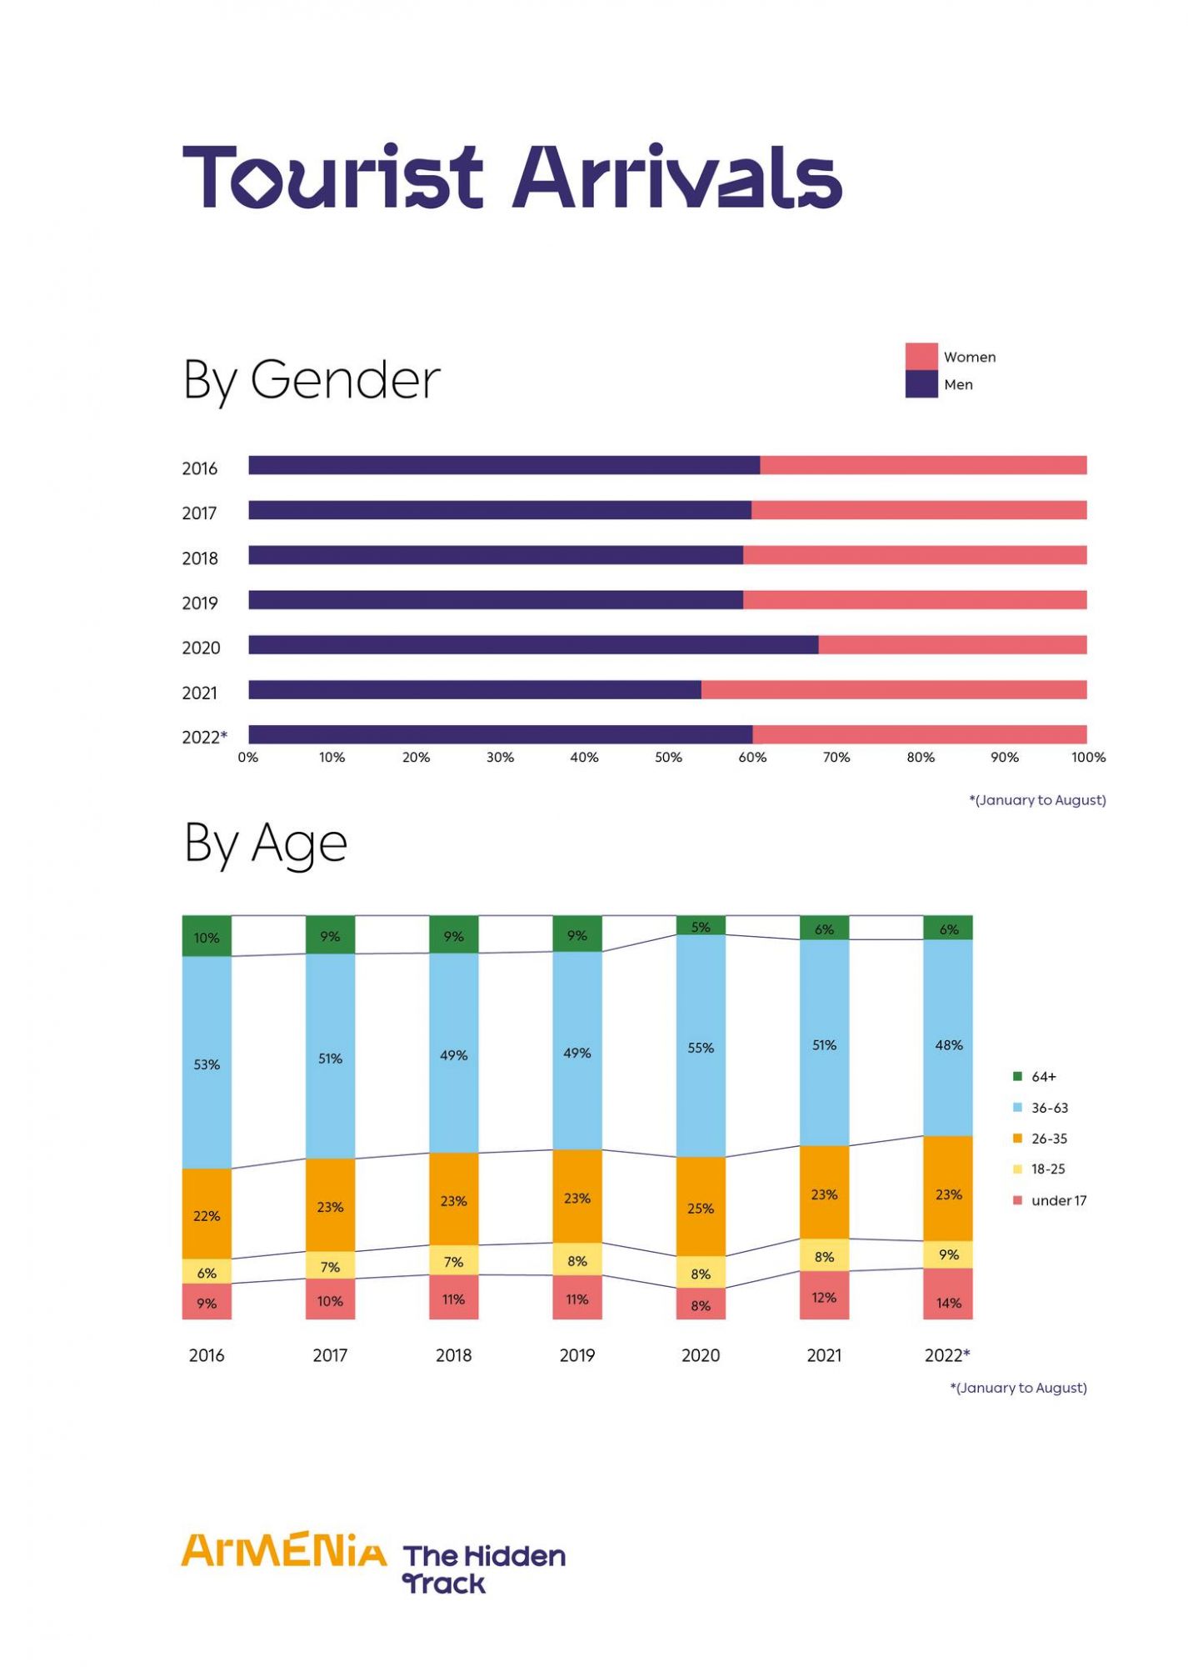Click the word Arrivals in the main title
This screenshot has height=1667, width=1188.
(x=676, y=177)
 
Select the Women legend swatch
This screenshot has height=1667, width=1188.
(x=921, y=357)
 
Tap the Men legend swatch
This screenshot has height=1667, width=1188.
(x=921, y=384)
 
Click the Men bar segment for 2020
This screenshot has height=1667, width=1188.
(x=533, y=645)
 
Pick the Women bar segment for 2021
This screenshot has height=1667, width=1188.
(x=893, y=690)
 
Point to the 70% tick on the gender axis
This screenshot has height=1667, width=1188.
(x=836, y=758)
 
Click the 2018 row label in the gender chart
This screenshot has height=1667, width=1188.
(x=200, y=558)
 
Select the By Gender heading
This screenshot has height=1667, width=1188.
(x=311, y=380)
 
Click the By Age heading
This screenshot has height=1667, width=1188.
(x=265, y=844)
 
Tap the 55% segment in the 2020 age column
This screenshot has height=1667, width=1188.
(x=701, y=1047)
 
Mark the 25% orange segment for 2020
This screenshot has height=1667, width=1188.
(x=701, y=1208)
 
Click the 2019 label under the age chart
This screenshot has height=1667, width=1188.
(x=577, y=1355)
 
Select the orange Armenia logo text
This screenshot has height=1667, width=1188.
(x=284, y=1550)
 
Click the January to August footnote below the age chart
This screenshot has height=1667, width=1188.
(x=1018, y=1388)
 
